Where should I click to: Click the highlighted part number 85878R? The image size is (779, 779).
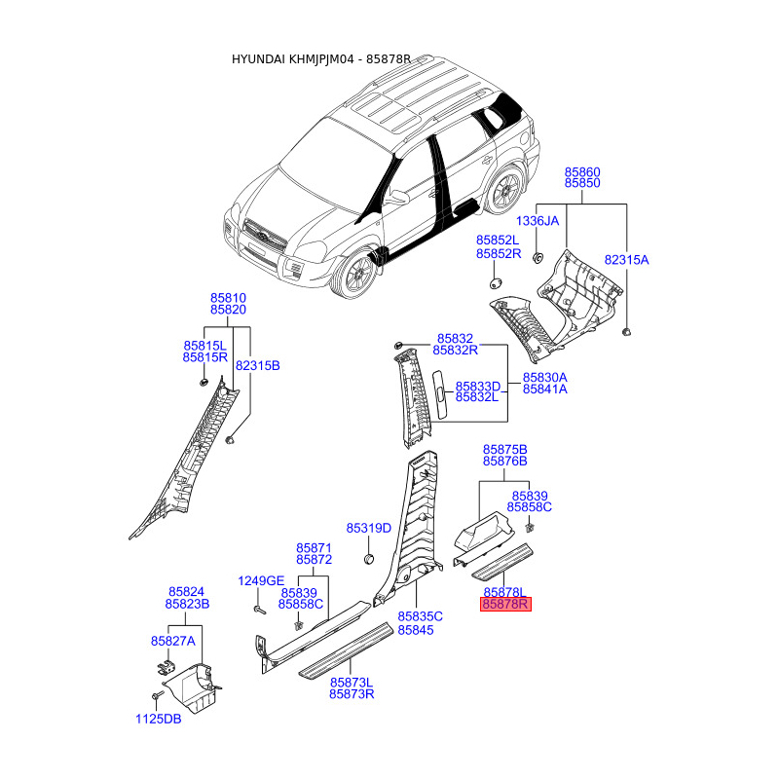pyautogui.click(x=505, y=605)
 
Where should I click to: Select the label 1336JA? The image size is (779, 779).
pyautogui.click(x=538, y=221)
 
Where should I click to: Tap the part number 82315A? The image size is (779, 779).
pyautogui.click(x=626, y=260)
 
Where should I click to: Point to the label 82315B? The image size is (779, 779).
pyautogui.click(x=257, y=365)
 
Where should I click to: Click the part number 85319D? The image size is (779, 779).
pyautogui.click(x=370, y=528)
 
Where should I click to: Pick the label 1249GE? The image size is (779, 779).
pyautogui.click(x=261, y=581)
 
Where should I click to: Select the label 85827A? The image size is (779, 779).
pyautogui.click(x=172, y=641)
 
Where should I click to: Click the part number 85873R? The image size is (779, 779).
pyautogui.click(x=352, y=694)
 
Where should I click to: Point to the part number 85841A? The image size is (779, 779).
pyautogui.click(x=544, y=389)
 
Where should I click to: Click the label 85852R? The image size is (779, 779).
pyautogui.click(x=498, y=253)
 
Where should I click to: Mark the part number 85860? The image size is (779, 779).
pyautogui.click(x=582, y=171)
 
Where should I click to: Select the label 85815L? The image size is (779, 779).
pyautogui.click(x=204, y=346)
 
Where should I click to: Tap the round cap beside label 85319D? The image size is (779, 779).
pyautogui.click(x=370, y=559)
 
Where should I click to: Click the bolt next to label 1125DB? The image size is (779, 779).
pyautogui.click(x=156, y=697)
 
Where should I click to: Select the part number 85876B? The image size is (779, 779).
pyautogui.click(x=505, y=461)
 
